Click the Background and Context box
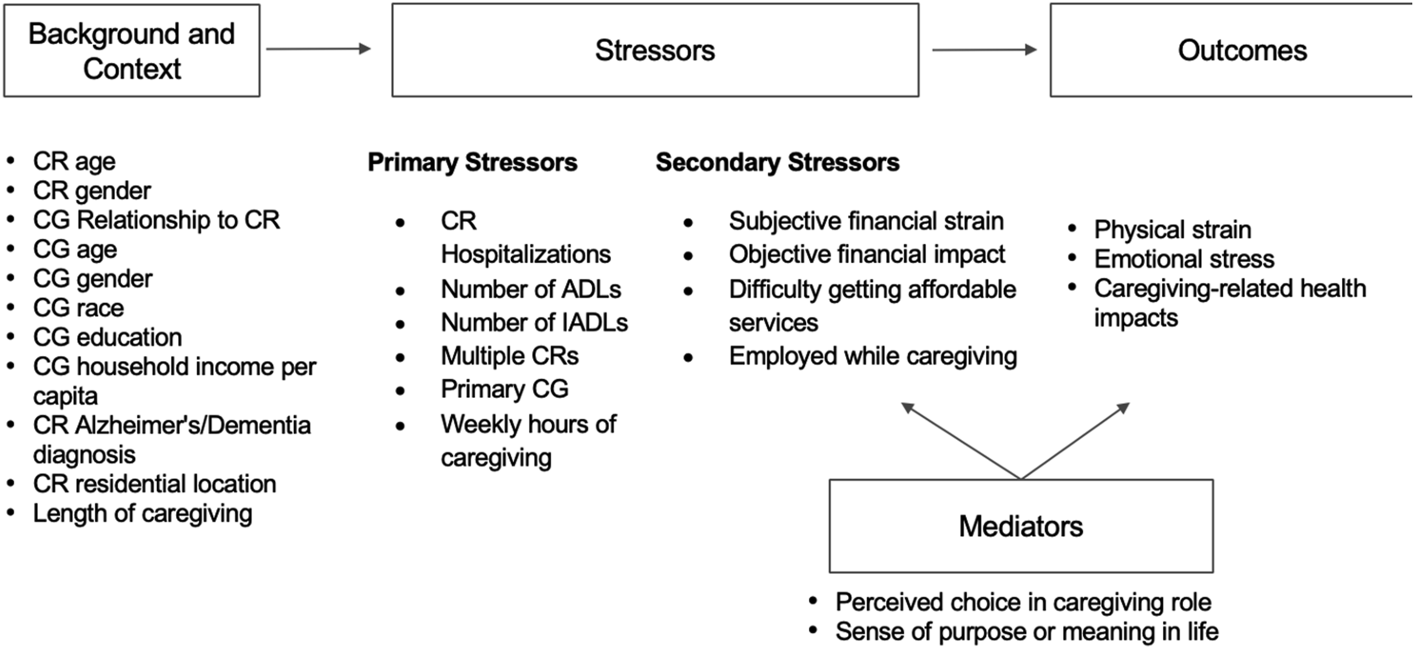[132, 50]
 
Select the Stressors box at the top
[656, 50]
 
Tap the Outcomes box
[1233, 50]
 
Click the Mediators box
[1021, 526]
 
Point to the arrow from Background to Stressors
[319, 49]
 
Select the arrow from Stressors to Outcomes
[984, 50]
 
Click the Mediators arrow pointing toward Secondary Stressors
[961, 441]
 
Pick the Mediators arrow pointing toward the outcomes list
[1076, 441]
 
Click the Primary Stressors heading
[472, 163]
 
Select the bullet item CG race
[78, 308]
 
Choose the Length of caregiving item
[143, 514]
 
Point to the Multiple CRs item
[510, 356]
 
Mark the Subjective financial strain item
[866, 221]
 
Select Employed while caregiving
[873, 356]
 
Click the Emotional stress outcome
[1184, 259]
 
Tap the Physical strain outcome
[1173, 230]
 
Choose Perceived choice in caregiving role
[1023, 603]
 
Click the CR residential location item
[154, 484]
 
